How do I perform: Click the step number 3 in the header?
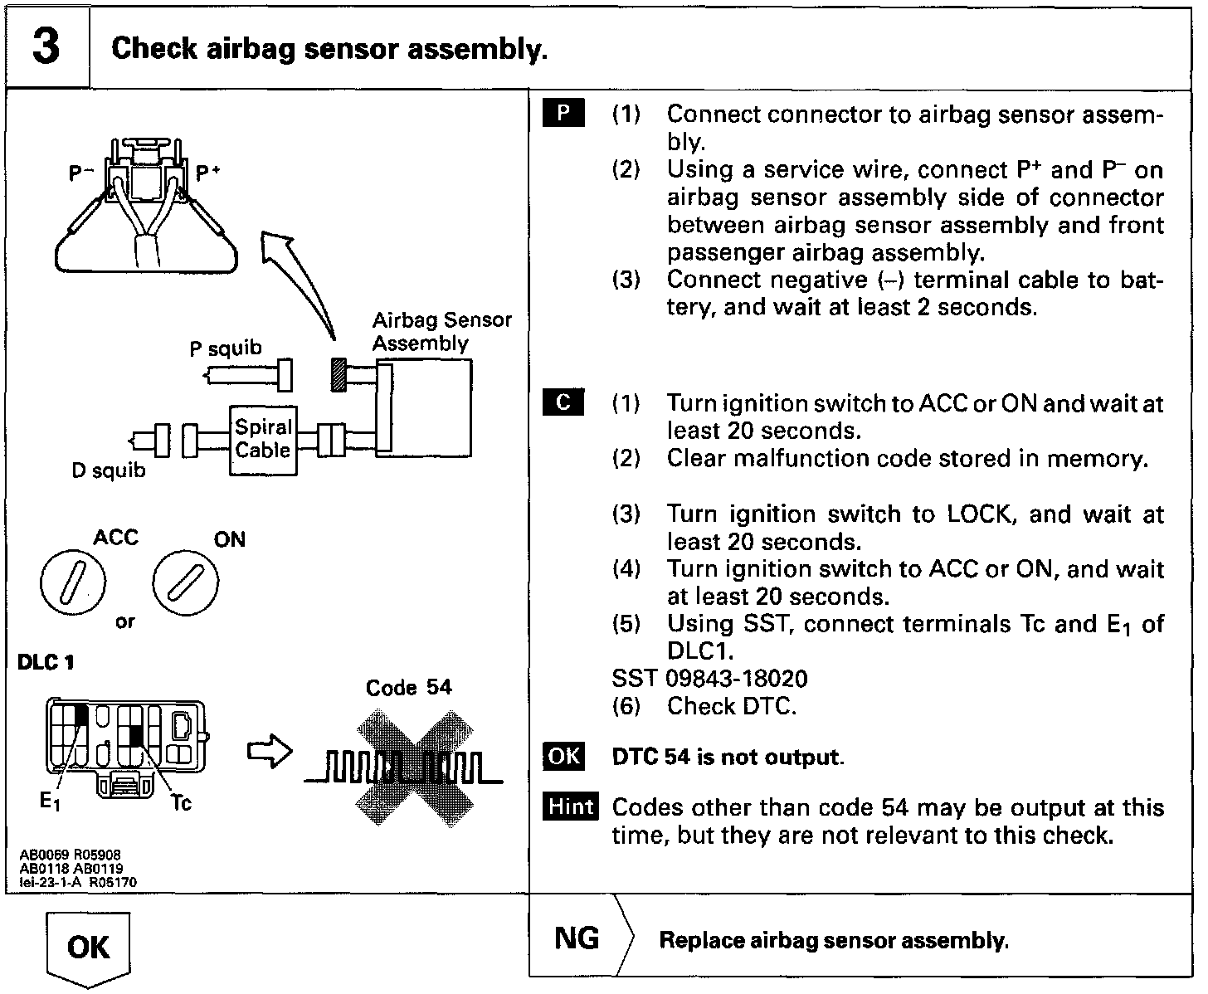tap(46, 46)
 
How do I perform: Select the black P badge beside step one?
tap(563, 114)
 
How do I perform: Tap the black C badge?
tap(563, 403)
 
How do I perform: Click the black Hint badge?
tap(571, 807)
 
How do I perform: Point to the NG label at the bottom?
tap(577, 938)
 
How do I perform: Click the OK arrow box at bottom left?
tap(88, 948)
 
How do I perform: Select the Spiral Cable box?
tap(263, 440)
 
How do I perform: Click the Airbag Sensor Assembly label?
tap(441, 332)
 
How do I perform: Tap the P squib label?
tap(225, 348)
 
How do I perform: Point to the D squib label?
tap(108, 470)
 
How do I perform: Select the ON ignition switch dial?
tap(186, 583)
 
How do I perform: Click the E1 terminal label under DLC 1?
tap(50, 802)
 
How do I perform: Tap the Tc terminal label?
tap(181, 802)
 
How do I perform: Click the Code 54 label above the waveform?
tap(409, 688)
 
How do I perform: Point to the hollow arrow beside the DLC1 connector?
tap(270, 753)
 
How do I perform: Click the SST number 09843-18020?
tap(737, 679)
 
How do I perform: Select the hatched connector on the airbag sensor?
tap(338, 376)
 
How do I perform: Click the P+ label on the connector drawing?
tap(207, 173)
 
